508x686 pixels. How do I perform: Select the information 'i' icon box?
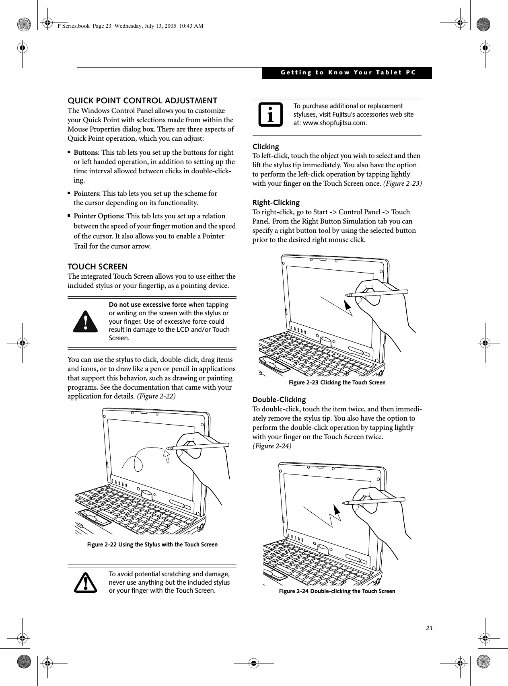pos(269,115)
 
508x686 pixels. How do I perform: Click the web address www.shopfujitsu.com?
pos(334,123)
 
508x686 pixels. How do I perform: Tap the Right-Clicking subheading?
pos(276,202)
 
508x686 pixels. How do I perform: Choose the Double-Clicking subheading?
pos(279,400)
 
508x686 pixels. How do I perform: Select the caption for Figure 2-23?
pos(337,382)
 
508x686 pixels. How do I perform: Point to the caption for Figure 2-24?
pos(337,591)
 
